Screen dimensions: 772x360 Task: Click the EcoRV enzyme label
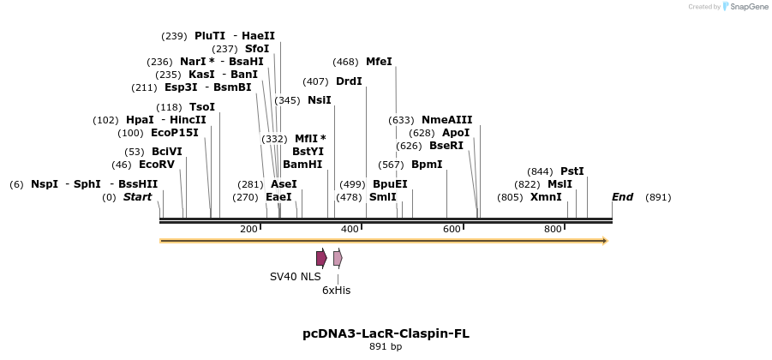point(157,165)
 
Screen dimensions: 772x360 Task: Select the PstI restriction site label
point(572,171)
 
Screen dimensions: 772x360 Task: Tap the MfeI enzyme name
point(379,62)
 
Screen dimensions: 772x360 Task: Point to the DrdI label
point(349,81)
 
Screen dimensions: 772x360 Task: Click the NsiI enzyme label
point(320,100)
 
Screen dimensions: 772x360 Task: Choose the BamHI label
point(302,165)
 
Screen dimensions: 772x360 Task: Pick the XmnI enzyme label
point(546,197)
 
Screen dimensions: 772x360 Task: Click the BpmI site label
point(427,165)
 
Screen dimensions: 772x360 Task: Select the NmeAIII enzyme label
point(446,120)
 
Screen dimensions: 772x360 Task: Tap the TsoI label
point(202,107)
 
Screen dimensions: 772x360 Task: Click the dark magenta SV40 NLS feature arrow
point(321,258)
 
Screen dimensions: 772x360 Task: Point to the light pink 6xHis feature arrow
point(338,258)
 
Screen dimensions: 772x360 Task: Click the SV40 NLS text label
point(295,277)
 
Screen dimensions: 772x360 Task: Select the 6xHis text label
point(336,291)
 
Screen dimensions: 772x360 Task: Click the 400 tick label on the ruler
point(350,229)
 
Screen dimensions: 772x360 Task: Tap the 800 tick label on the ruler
point(553,229)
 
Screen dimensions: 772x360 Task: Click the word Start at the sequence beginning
point(137,197)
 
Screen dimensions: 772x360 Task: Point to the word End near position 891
point(622,197)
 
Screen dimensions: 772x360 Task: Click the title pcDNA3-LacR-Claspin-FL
point(386,333)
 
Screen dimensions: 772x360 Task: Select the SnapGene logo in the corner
point(745,6)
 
